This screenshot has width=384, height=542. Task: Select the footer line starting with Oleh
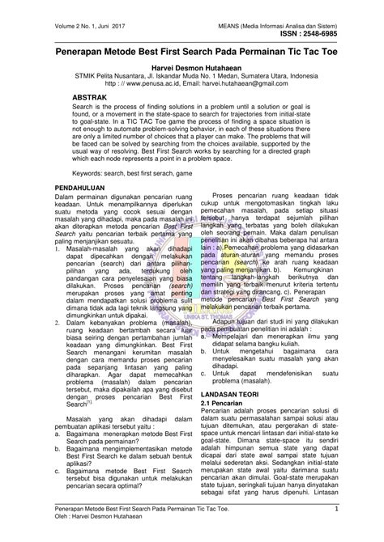pyautogui.click(x=79, y=519)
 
